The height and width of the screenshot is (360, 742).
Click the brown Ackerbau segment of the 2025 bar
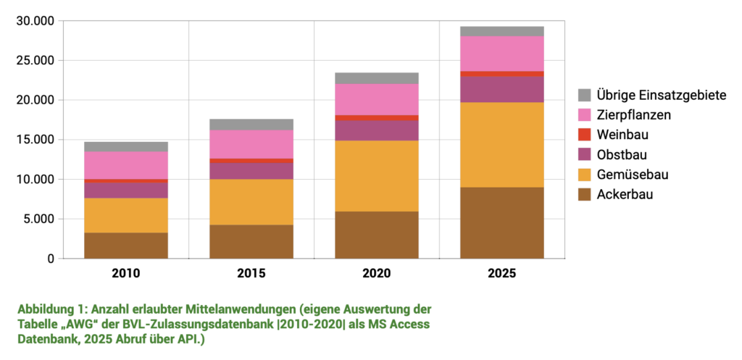click(x=501, y=222)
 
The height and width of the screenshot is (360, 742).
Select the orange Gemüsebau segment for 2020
click(x=376, y=176)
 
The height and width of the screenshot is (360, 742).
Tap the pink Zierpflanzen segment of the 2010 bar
click(x=126, y=165)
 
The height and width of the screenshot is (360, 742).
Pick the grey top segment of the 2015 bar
click(x=251, y=125)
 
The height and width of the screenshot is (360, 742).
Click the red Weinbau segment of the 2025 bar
click(x=501, y=74)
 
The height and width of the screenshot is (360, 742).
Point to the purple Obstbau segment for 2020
click(x=376, y=130)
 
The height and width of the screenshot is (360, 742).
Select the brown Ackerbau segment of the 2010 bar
click(x=126, y=246)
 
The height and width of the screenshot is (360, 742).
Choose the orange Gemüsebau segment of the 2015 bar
click(x=251, y=202)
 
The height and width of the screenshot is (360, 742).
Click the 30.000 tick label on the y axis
click(x=35, y=21)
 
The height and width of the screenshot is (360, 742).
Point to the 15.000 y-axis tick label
click(x=35, y=140)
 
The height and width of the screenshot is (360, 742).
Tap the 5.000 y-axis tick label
click(x=38, y=219)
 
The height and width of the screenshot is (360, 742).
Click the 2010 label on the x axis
click(x=126, y=274)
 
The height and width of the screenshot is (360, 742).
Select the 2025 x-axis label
click(x=501, y=274)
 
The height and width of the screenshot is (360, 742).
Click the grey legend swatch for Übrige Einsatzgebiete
click(x=585, y=95)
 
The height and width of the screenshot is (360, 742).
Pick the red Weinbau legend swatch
click(x=585, y=135)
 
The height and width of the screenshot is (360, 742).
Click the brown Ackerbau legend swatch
click(x=585, y=194)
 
